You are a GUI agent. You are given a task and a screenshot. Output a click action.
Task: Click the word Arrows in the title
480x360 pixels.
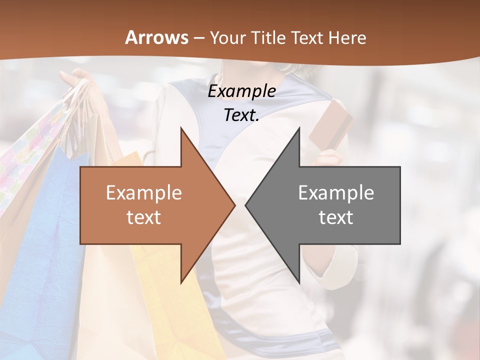coord(156,37)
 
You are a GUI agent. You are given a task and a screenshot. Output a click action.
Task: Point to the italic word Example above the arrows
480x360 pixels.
coord(241,91)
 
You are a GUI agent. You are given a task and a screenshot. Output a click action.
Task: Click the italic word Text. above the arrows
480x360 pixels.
coord(241,115)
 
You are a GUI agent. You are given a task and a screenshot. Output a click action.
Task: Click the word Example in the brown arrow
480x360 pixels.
coord(143,193)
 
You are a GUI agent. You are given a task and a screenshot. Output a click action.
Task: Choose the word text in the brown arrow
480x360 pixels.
coord(143,217)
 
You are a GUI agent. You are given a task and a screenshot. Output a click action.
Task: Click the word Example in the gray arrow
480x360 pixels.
coord(336,193)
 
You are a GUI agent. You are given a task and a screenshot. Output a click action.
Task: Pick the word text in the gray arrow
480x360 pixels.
coord(336,217)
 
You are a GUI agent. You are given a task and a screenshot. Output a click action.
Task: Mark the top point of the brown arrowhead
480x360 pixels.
coord(181,128)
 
